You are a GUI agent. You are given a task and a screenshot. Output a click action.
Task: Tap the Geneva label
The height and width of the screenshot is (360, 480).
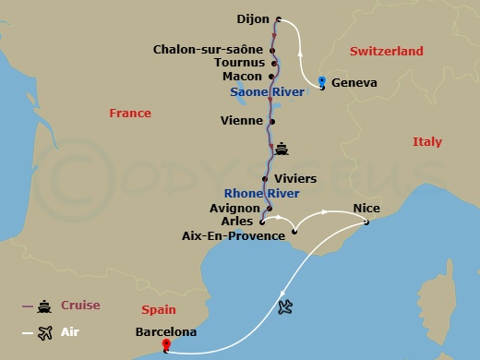354,83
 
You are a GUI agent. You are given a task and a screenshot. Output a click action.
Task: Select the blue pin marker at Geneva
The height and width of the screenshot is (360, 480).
320,82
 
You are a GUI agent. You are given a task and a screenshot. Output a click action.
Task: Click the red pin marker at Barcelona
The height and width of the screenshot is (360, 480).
166,346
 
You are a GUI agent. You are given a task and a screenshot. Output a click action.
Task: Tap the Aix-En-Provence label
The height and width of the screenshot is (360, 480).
234,236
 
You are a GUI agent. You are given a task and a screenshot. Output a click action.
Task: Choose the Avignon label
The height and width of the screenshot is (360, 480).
234,209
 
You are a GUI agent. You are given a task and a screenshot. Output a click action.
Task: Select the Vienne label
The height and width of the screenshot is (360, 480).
242,120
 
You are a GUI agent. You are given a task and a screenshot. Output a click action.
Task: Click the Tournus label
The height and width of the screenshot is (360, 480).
239,63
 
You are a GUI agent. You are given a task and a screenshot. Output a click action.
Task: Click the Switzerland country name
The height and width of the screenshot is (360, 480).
386,52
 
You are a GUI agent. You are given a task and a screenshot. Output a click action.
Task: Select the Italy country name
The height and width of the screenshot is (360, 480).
427,142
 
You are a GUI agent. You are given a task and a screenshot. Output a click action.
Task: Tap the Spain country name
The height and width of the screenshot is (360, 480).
159,311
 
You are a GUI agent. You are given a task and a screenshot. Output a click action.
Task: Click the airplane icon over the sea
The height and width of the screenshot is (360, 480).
285,306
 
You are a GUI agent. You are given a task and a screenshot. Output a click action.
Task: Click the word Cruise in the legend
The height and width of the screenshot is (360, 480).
80,306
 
